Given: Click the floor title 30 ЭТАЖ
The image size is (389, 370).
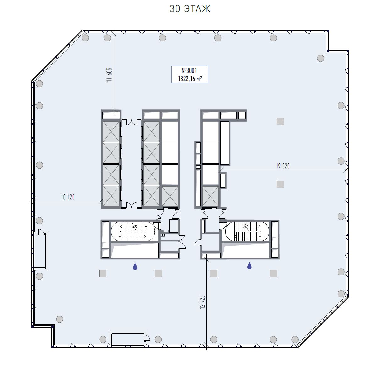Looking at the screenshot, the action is tap(190, 9).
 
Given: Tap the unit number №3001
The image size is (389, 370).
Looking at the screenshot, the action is tap(189, 70).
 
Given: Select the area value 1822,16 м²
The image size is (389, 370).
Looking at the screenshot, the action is tap(190, 79).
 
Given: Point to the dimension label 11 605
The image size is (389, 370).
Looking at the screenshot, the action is tap(109, 75).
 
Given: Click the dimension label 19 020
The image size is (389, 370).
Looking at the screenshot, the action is tap(283, 166).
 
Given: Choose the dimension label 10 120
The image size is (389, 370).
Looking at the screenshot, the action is tap(68, 197).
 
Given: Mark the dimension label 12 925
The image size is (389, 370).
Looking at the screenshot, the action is tap(203, 302).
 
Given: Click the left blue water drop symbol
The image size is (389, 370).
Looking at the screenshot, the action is tap(135, 266).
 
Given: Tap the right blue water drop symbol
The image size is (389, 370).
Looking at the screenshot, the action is tap(249, 266).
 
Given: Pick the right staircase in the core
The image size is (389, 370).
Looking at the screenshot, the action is tap(247, 231).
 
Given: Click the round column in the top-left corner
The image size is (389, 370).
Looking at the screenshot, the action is tap(85, 38).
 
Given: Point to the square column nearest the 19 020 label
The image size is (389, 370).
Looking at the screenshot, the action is tap(280, 184).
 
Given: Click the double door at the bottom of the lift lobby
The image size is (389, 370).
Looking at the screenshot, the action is tap(131, 205).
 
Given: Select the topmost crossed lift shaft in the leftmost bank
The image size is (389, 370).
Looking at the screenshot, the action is tap(111, 132).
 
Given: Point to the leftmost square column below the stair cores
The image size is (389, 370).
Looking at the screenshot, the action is tap(103, 273).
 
